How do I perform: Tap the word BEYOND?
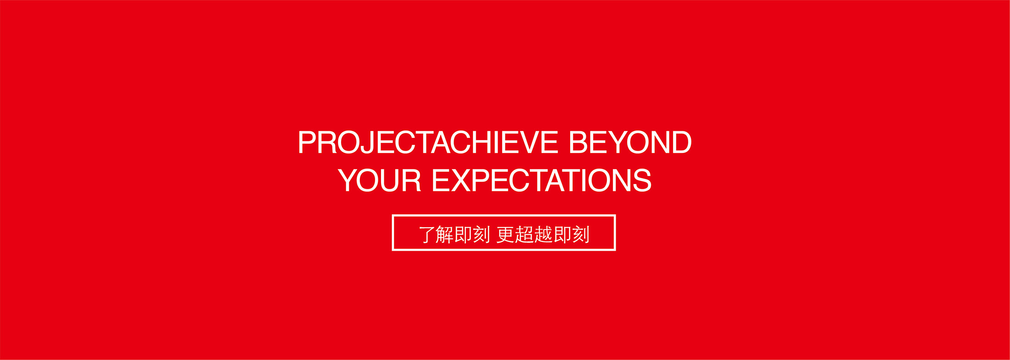point(630,142)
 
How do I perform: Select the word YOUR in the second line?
point(379,180)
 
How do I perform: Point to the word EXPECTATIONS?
point(542,180)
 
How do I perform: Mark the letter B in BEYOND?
point(579,142)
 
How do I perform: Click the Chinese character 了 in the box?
point(427,235)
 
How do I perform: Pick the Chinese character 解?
point(444,235)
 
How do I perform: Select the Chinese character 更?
point(505,235)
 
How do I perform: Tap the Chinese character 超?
point(524,235)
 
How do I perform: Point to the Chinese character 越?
point(543,235)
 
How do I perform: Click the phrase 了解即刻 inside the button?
point(454,235)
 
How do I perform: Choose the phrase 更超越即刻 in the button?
point(543,235)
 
